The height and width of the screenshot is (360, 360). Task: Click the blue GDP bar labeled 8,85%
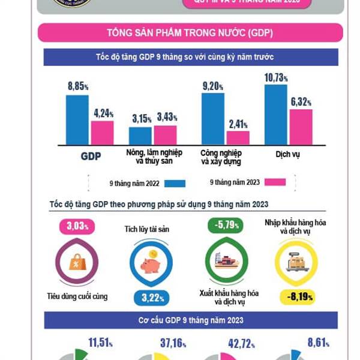point(77,119)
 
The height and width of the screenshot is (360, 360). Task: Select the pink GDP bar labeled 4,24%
point(102,133)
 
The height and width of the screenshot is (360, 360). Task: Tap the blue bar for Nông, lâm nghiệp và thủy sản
point(140,136)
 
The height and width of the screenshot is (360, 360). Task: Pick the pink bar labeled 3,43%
point(165,135)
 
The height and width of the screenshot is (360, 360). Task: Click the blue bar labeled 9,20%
point(213,119)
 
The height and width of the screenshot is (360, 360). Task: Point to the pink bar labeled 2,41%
point(238,137)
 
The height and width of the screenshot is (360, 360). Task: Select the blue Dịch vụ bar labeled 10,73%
point(276,114)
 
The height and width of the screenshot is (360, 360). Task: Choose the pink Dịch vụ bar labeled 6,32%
point(301,127)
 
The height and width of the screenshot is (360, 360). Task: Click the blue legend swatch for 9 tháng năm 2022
point(173,184)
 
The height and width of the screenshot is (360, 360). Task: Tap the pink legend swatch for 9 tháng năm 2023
point(274,182)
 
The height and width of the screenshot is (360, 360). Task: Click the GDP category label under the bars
point(91,157)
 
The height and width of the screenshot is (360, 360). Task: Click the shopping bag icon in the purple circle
point(77,262)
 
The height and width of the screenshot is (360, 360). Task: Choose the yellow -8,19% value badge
point(296,296)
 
